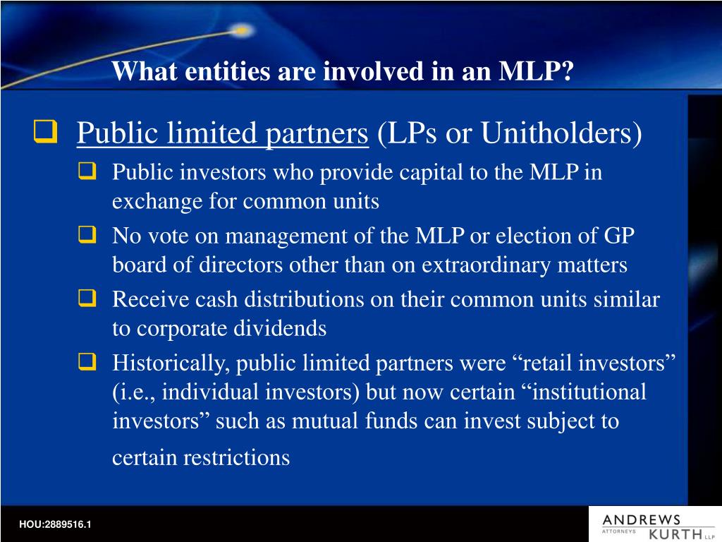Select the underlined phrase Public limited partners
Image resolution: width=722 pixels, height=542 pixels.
(x=223, y=133)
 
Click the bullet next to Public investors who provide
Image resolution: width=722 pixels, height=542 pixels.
(x=87, y=171)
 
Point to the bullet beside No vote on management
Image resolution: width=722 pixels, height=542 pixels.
(x=87, y=235)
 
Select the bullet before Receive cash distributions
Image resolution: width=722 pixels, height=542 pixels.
(x=87, y=299)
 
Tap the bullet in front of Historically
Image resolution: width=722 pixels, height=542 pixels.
(x=87, y=362)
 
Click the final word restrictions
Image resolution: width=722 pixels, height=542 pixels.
(x=236, y=458)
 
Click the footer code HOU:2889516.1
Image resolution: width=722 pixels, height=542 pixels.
(x=55, y=524)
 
